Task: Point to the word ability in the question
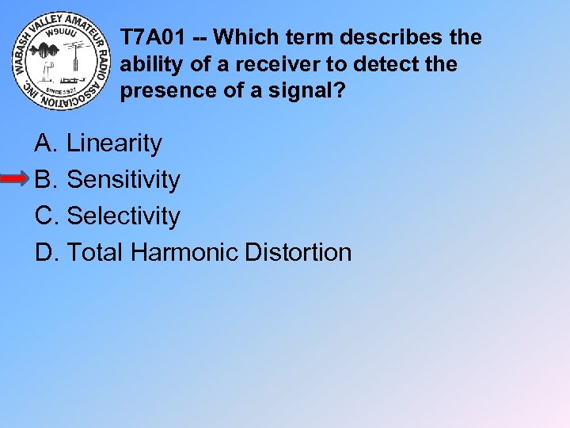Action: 146,64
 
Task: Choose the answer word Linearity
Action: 114,143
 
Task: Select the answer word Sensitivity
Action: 123,180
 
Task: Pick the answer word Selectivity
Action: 123,216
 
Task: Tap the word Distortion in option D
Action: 298,252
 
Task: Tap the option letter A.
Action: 44,143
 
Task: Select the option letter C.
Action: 44,216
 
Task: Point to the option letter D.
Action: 44,252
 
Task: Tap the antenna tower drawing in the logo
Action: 76,59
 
